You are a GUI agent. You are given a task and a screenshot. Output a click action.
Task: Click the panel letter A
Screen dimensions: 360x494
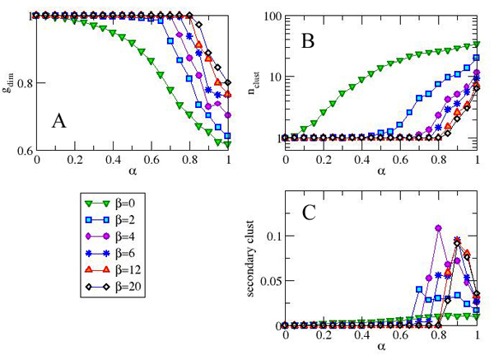58,121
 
